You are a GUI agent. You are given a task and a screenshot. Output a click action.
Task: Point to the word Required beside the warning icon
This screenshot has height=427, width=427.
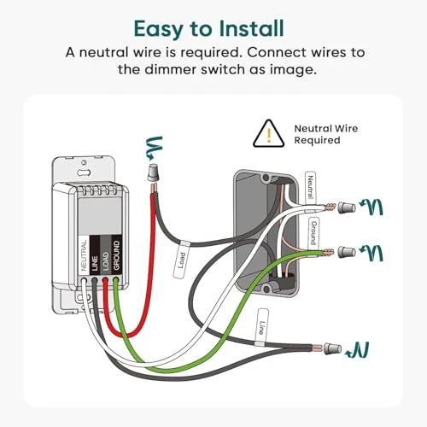(317, 140)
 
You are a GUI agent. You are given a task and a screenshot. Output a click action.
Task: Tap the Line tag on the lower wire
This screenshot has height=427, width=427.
(264, 327)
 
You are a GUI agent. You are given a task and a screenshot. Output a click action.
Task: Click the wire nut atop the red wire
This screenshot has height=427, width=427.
(155, 173)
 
